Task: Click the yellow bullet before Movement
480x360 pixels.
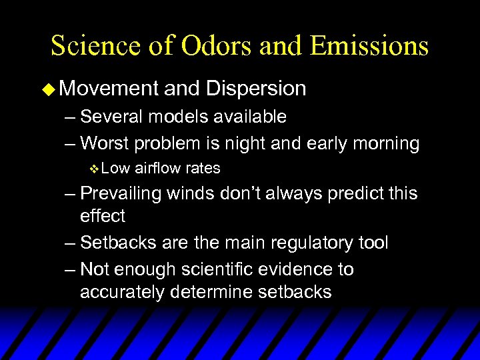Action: point(55,89)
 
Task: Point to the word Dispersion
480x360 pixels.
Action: point(256,88)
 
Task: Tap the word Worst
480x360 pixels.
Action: point(104,143)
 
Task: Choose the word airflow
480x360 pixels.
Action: point(157,168)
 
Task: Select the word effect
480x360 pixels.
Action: point(102,216)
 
